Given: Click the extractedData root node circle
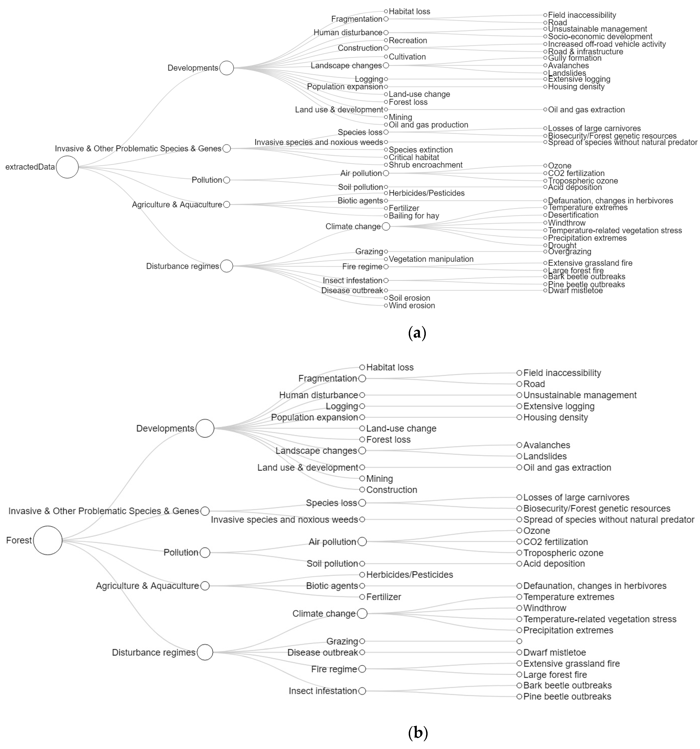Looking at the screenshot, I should (67, 167).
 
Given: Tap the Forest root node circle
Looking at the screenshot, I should (48, 540).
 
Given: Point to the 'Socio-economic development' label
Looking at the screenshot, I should (600, 36).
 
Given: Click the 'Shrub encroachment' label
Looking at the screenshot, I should (425, 165).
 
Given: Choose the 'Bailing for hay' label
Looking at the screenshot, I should (414, 216).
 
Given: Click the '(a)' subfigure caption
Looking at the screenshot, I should (417, 333).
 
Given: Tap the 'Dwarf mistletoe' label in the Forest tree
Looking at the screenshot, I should (554, 652).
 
